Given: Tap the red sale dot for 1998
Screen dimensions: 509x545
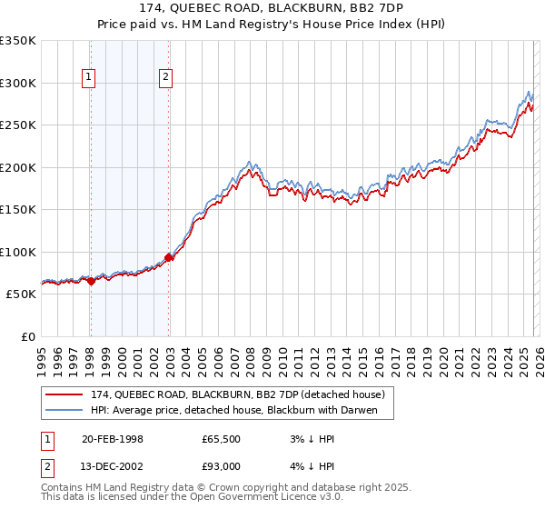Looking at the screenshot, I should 91,282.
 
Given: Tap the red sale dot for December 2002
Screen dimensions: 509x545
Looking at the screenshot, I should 169,258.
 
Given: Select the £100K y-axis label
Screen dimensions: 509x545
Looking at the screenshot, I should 18,252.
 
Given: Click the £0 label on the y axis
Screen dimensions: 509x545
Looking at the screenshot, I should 27,336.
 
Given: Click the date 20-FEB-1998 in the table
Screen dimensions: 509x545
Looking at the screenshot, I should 113,439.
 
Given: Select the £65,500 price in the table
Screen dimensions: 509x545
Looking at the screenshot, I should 222,439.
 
